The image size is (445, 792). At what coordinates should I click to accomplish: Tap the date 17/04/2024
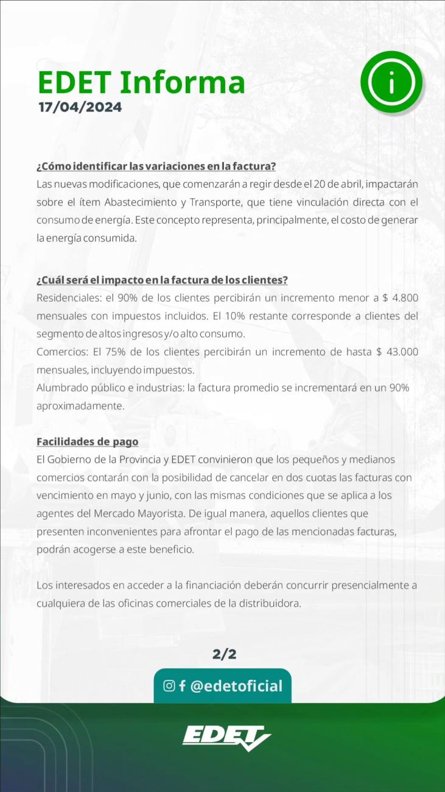click(80, 107)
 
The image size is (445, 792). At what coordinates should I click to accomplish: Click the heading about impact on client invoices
click(162, 280)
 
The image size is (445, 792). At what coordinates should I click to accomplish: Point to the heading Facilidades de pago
click(87, 441)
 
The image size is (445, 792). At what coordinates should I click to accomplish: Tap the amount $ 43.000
click(396, 352)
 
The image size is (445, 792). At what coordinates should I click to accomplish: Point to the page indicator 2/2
click(224, 655)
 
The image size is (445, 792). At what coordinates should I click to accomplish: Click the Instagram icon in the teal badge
click(169, 686)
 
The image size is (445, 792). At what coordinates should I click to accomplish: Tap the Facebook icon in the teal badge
click(182, 687)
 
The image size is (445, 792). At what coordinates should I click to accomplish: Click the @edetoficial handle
click(236, 687)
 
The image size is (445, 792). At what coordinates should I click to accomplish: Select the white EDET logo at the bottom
click(226, 737)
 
